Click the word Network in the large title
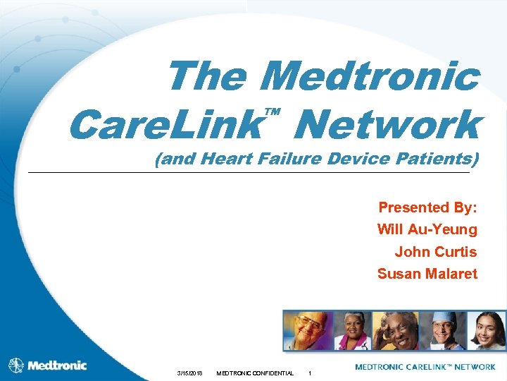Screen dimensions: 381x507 point(388,126)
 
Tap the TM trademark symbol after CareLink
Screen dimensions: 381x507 point(273,112)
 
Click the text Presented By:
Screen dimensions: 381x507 point(427,207)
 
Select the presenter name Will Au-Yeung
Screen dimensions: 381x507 point(427,229)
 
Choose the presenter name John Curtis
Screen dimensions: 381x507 point(435,251)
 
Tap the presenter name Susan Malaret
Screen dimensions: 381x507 point(427,273)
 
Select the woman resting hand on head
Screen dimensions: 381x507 point(395,330)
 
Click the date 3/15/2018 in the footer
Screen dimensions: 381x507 point(189,373)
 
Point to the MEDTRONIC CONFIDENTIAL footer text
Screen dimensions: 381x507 point(254,373)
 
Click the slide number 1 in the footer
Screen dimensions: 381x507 point(311,373)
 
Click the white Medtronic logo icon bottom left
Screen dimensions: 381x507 point(15,365)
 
